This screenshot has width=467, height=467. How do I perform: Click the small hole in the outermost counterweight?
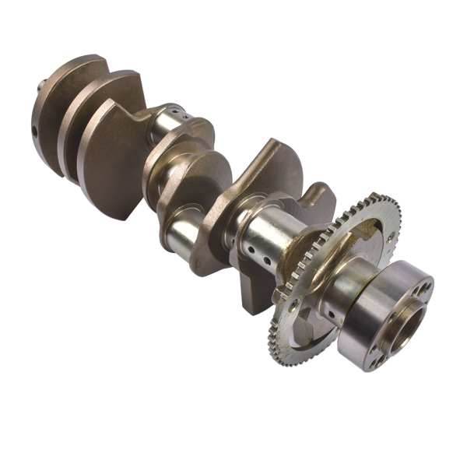[x=36, y=130]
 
